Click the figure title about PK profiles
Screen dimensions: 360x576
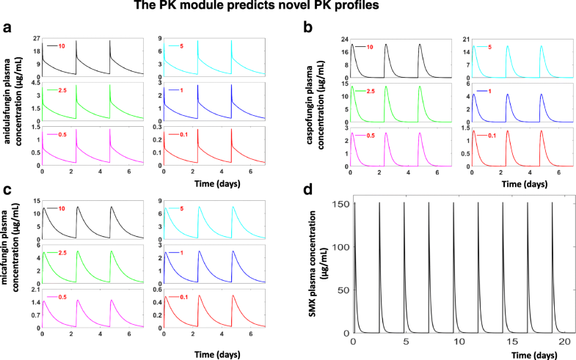tap(288, 7)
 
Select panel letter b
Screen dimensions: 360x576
tap(299, 29)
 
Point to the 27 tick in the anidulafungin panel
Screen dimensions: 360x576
tap(34, 37)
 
